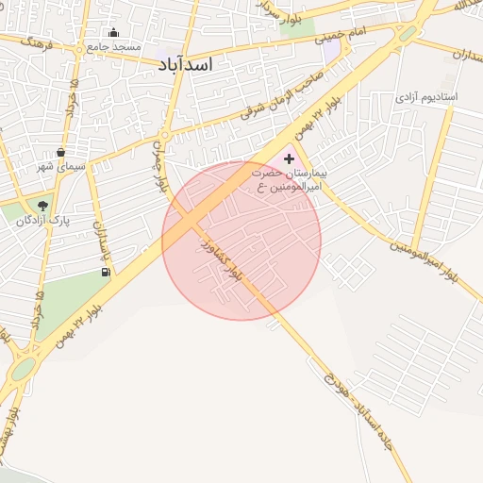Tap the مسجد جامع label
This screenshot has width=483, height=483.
click(x=113, y=46)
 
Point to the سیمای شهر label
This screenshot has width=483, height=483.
click(x=61, y=166)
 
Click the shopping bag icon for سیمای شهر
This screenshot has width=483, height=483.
click(x=61, y=152)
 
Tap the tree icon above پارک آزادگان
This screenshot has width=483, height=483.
click(x=42, y=205)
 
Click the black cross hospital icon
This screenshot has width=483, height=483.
click(x=289, y=159)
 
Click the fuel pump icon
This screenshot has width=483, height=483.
click(x=104, y=273)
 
